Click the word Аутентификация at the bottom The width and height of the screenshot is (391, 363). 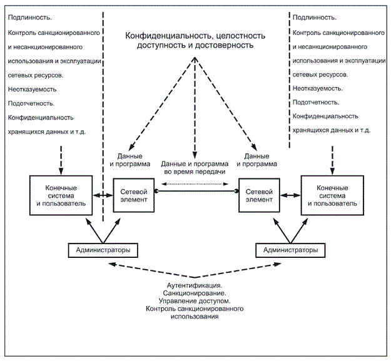click(x=195, y=285)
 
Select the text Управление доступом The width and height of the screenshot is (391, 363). click(x=195, y=301)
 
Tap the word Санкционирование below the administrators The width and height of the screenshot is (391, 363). click(x=195, y=293)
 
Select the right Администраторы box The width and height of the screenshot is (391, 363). click(x=290, y=250)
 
